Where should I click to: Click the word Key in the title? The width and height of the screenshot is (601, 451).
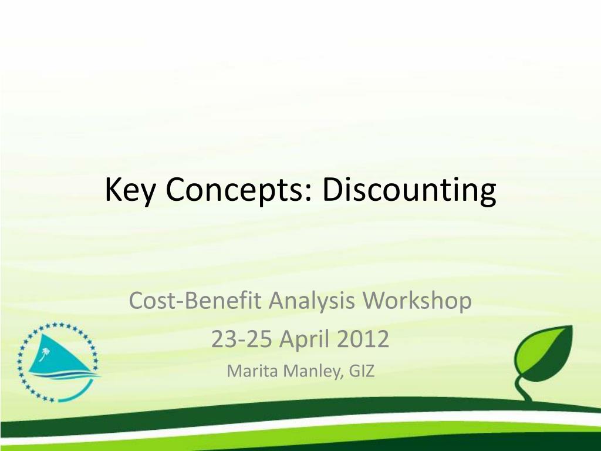click(x=130, y=190)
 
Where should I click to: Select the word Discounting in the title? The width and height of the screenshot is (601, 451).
click(x=409, y=191)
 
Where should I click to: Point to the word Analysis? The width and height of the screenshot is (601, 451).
click(x=312, y=301)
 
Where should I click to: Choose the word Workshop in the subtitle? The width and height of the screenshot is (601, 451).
click(x=417, y=301)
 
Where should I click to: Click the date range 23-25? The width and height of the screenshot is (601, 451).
click(x=241, y=339)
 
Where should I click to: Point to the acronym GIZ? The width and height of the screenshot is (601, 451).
click(x=362, y=371)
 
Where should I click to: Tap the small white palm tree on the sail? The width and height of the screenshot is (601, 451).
click(x=46, y=353)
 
